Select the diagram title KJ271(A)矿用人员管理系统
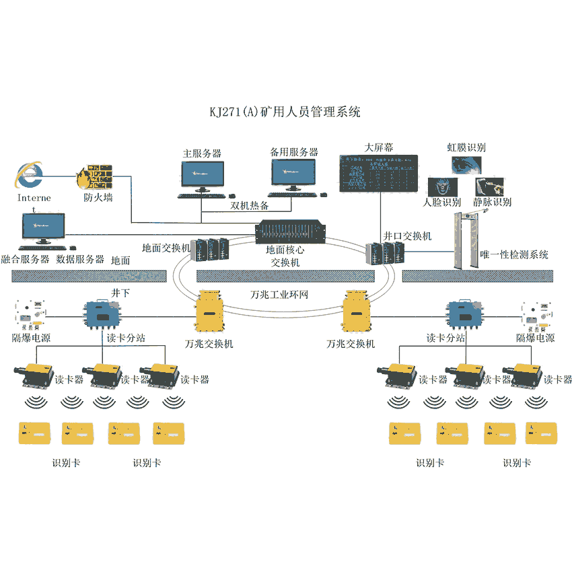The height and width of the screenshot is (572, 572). pos(285,112)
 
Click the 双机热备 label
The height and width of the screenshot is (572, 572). pos(250,205)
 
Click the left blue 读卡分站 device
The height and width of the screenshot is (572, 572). pos(101,314)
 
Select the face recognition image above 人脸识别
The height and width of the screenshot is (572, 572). pos(439,184)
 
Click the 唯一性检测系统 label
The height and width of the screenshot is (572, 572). pos(513,255)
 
